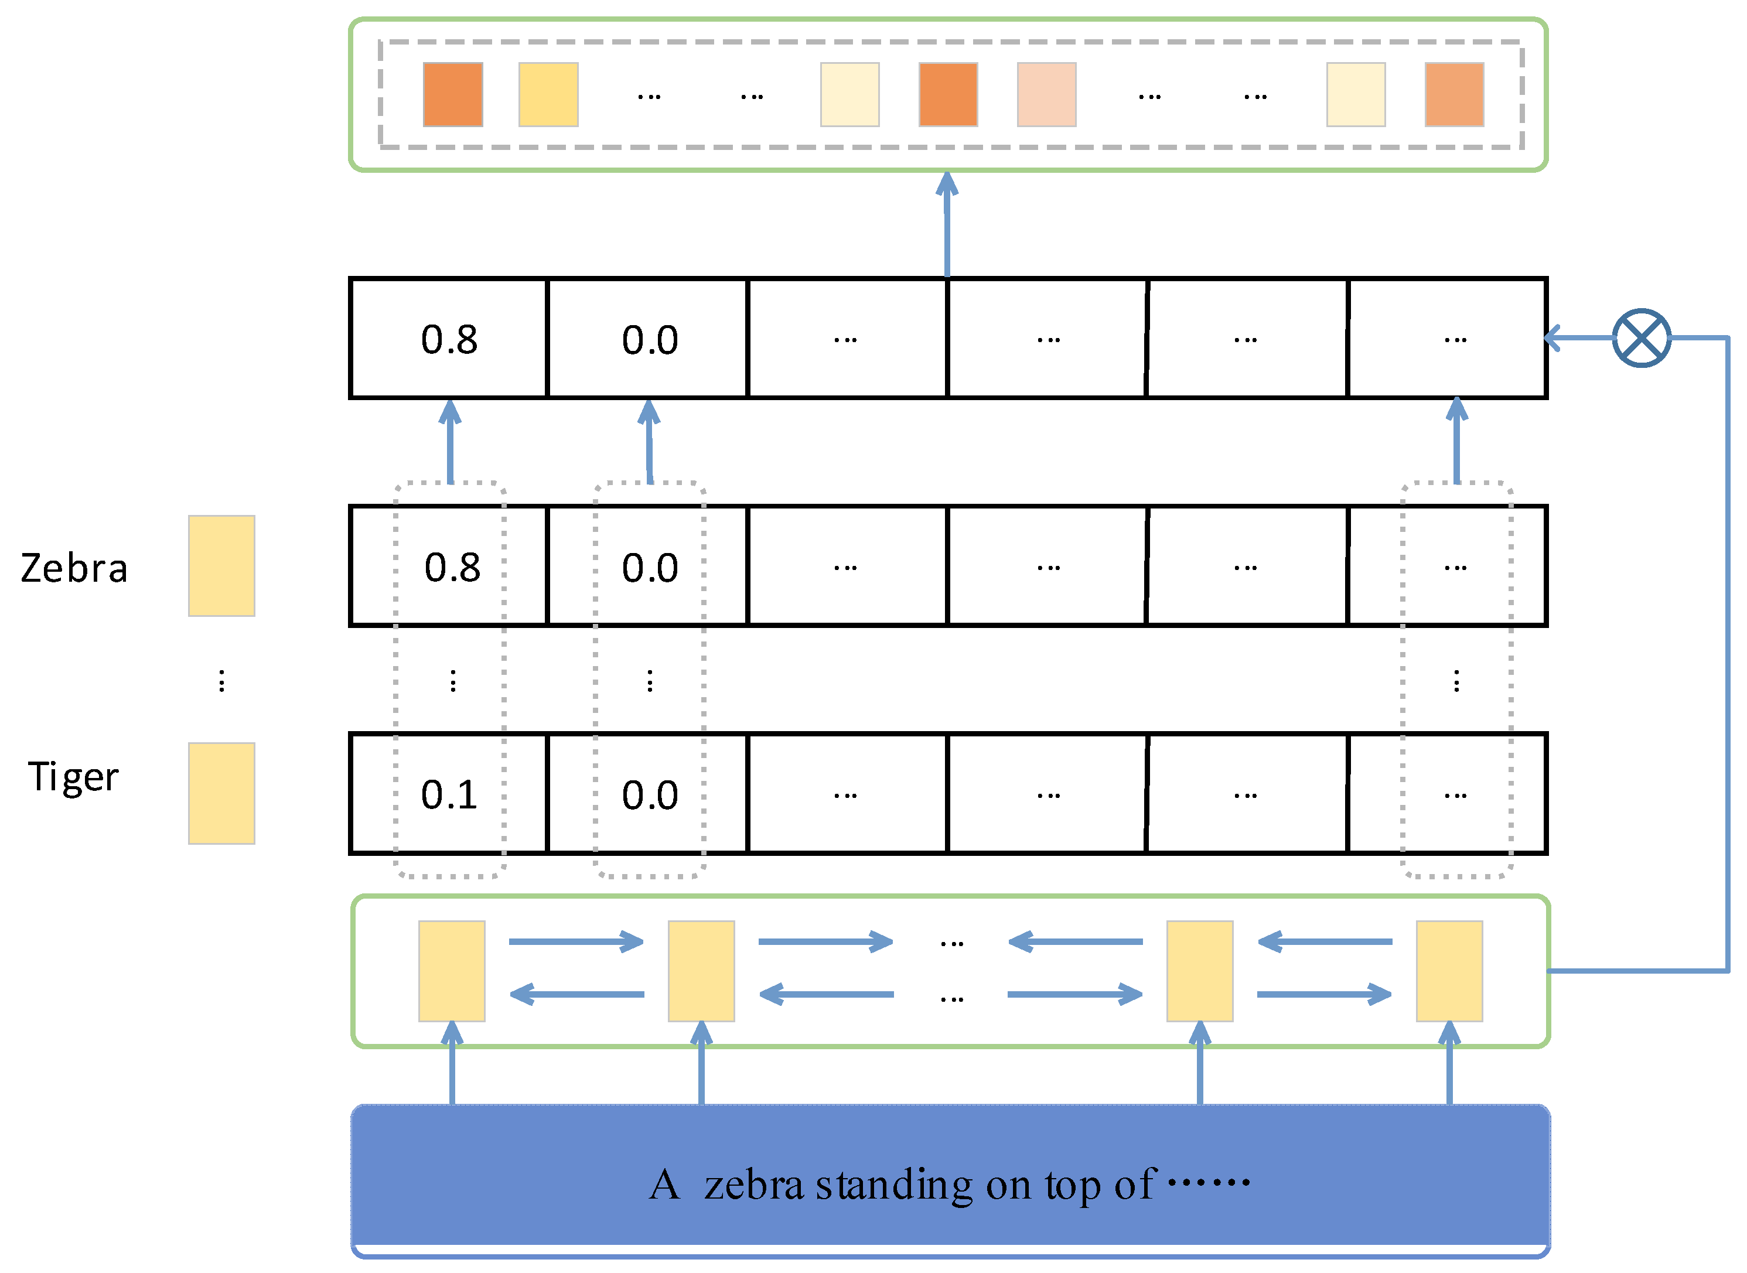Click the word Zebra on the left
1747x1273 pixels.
point(74,569)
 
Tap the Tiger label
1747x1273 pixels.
point(74,777)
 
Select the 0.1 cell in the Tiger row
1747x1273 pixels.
point(449,794)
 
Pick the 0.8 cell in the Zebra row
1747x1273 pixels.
point(452,568)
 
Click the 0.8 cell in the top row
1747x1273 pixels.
point(449,340)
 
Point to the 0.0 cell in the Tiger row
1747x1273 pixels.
point(650,794)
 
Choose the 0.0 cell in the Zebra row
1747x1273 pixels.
point(650,568)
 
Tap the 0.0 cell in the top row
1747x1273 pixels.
point(650,340)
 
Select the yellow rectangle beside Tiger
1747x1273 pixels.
point(221,794)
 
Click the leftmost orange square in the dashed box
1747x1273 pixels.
point(453,95)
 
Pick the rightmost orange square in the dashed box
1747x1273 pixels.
point(1453,95)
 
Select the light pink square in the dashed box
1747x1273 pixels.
point(1046,95)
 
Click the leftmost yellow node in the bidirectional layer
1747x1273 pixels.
point(452,971)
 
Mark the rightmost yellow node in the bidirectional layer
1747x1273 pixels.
point(1449,971)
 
